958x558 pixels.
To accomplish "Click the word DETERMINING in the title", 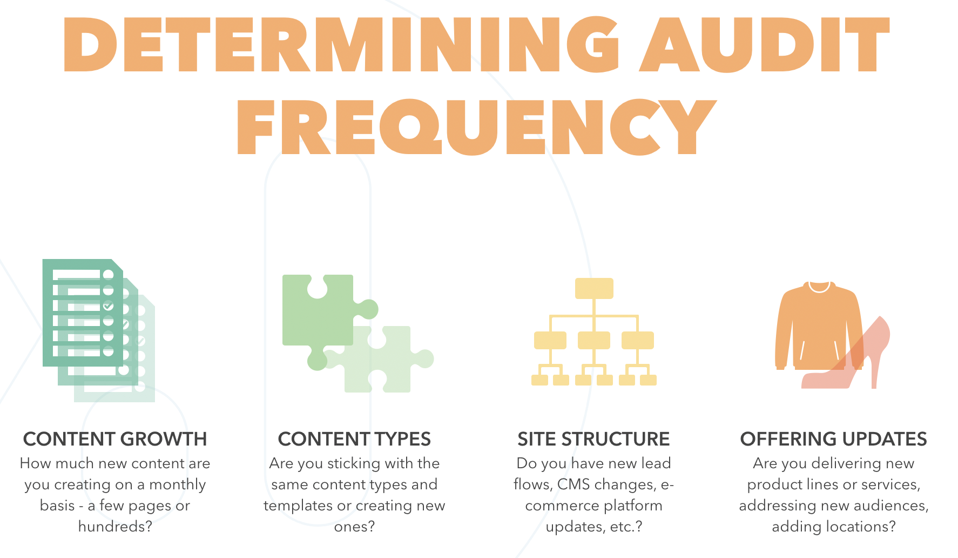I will coord(340,45).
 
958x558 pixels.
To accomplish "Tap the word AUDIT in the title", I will coord(764,45).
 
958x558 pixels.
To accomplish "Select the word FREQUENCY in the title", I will coord(476,128).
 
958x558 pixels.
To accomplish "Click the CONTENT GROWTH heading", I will coord(115,439).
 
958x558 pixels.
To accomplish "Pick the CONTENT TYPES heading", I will coord(354,439).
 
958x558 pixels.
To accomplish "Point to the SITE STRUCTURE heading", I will coord(593,439).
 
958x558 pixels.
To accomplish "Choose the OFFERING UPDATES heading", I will coord(833,439).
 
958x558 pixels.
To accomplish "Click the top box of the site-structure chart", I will coord(594,288).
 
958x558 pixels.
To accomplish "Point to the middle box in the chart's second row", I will coord(594,340).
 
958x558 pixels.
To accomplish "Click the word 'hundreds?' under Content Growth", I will coord(115,526).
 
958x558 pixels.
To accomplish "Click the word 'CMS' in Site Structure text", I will coord(574,484).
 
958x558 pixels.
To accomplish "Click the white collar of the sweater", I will coord(819,287).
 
